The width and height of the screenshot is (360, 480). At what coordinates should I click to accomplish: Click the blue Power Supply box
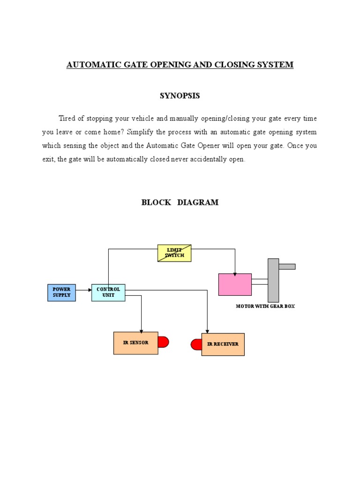[61, 292]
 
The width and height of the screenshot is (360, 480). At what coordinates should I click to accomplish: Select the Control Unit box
[108, 292]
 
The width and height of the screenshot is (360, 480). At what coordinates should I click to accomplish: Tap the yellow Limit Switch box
[174, 253]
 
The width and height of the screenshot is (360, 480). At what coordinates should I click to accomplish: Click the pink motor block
[235, 285]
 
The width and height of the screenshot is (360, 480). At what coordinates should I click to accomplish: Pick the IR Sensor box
[135, 343]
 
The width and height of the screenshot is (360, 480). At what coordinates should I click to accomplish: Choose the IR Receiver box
[223, 345]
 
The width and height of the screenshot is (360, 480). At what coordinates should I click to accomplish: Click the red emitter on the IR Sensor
[163, 342]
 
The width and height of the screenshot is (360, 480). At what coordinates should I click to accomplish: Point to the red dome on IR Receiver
[196, 345]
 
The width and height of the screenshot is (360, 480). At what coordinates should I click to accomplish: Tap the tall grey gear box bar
[273, 280]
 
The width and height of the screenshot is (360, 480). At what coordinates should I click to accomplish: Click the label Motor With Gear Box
[265, 306]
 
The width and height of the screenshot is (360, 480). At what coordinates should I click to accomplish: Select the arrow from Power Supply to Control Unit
[83, 290]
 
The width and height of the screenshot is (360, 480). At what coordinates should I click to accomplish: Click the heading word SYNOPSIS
[180, 96]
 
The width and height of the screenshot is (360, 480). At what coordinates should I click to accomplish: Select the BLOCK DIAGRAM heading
[180, 202]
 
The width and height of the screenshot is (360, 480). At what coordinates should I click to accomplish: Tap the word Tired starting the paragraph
[67, 118]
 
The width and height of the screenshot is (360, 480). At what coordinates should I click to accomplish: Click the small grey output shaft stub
[287, 266]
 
